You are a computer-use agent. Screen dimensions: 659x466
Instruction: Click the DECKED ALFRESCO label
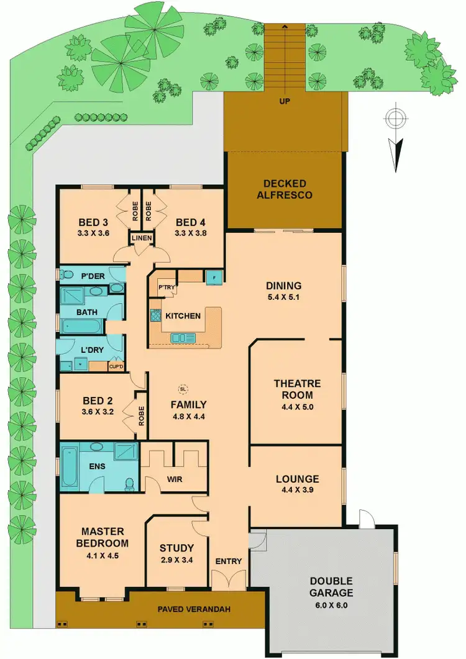pos(284,189)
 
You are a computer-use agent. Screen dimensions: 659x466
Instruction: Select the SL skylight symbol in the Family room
pos(183,389)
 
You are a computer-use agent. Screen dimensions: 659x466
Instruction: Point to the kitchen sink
pos(183,338)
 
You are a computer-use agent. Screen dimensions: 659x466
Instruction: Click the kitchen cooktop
pos(153,316)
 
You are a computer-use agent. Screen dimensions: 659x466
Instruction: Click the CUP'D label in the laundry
pos(116,366)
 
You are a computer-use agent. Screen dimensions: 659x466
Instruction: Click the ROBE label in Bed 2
pos(140,412)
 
